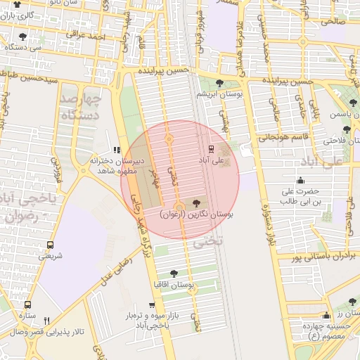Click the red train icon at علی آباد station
tap(210, 148)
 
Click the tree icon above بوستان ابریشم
tap(219, 84)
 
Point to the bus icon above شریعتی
tap(50, 245)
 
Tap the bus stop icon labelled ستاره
tap(28, 305)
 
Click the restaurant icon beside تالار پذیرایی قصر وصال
tap(47, 320)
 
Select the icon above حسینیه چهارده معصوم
tap(326, 316)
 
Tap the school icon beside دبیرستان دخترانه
tap(117, 150)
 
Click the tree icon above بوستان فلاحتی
tap(347, 129)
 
